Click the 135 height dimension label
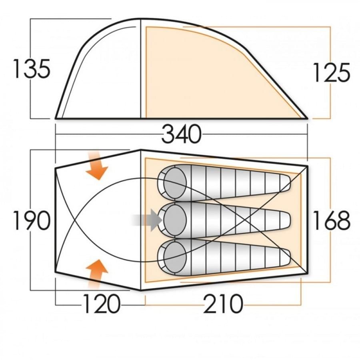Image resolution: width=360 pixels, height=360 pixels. click(x=32, y=68)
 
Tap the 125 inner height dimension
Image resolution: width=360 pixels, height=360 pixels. click(x=332, y=72)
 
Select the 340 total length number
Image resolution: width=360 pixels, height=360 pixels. click(x=182, y=134)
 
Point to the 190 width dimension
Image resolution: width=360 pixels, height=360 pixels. click(x=32, y=220)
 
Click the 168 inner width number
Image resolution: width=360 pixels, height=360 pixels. click(x=332, y=220)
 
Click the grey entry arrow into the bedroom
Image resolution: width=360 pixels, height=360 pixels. click(x=147, y=220)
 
